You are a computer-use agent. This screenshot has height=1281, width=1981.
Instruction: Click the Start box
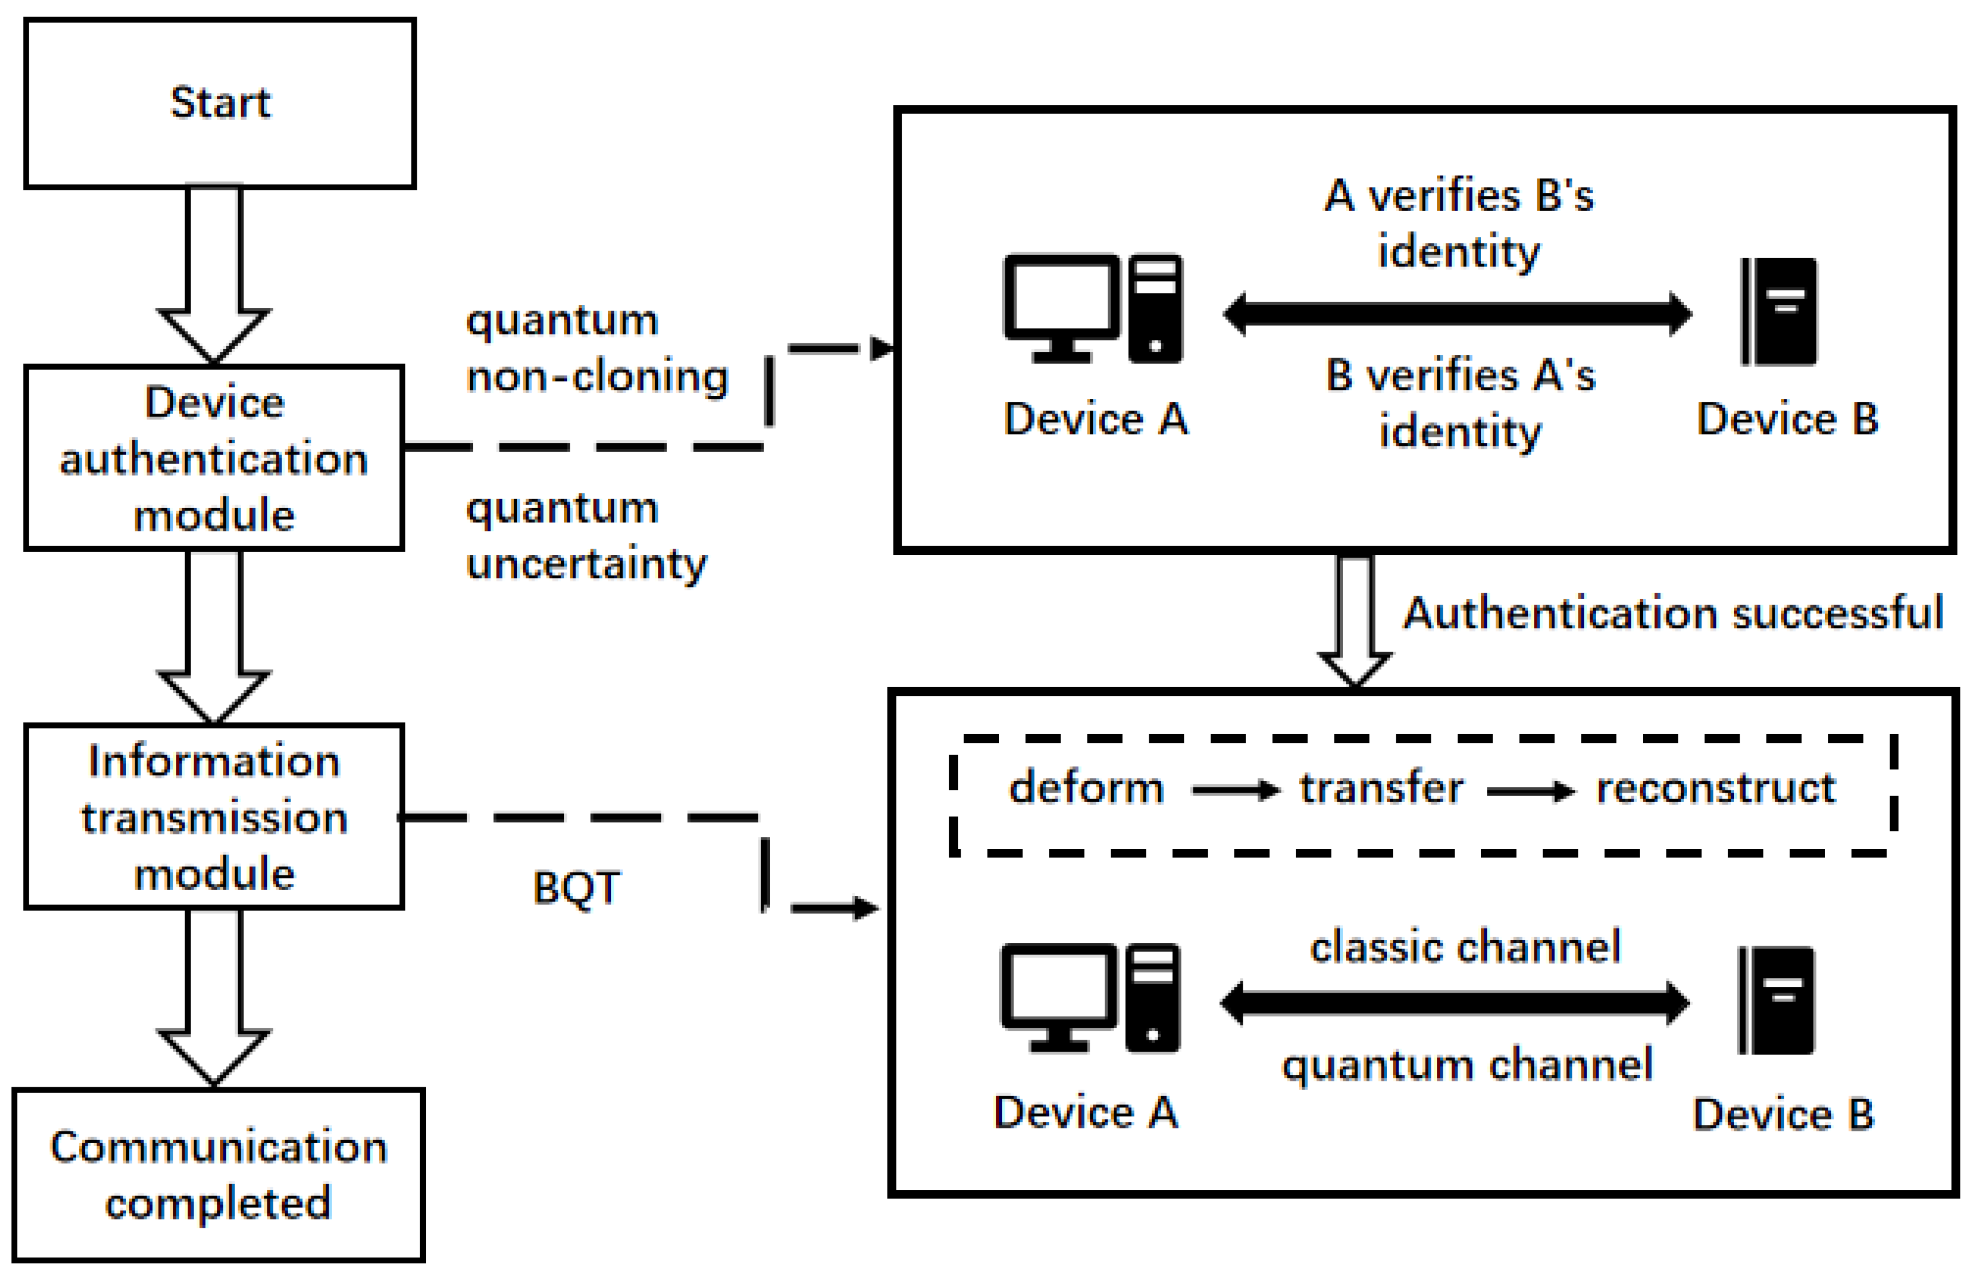tap(220, 104)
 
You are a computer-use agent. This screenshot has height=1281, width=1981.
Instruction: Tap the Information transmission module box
tap(214, 816)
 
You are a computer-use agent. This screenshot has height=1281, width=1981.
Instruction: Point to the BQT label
tap(576, 888)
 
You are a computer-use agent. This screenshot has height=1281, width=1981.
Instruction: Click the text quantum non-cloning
tap(596, 348)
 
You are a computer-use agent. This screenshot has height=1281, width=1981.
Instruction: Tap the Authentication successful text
tap(1673, 613)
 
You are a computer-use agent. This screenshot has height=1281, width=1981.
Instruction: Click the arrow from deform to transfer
tap(1235, 790)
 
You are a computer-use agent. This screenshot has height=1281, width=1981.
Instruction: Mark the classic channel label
tap(1465, 947)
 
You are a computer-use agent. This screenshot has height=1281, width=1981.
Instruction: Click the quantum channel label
tap(1467, 1065)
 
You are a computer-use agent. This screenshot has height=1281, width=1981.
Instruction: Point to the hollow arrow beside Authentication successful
tap(1354, 620)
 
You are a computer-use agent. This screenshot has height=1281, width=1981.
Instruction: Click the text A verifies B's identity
tap(1459, 223)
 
